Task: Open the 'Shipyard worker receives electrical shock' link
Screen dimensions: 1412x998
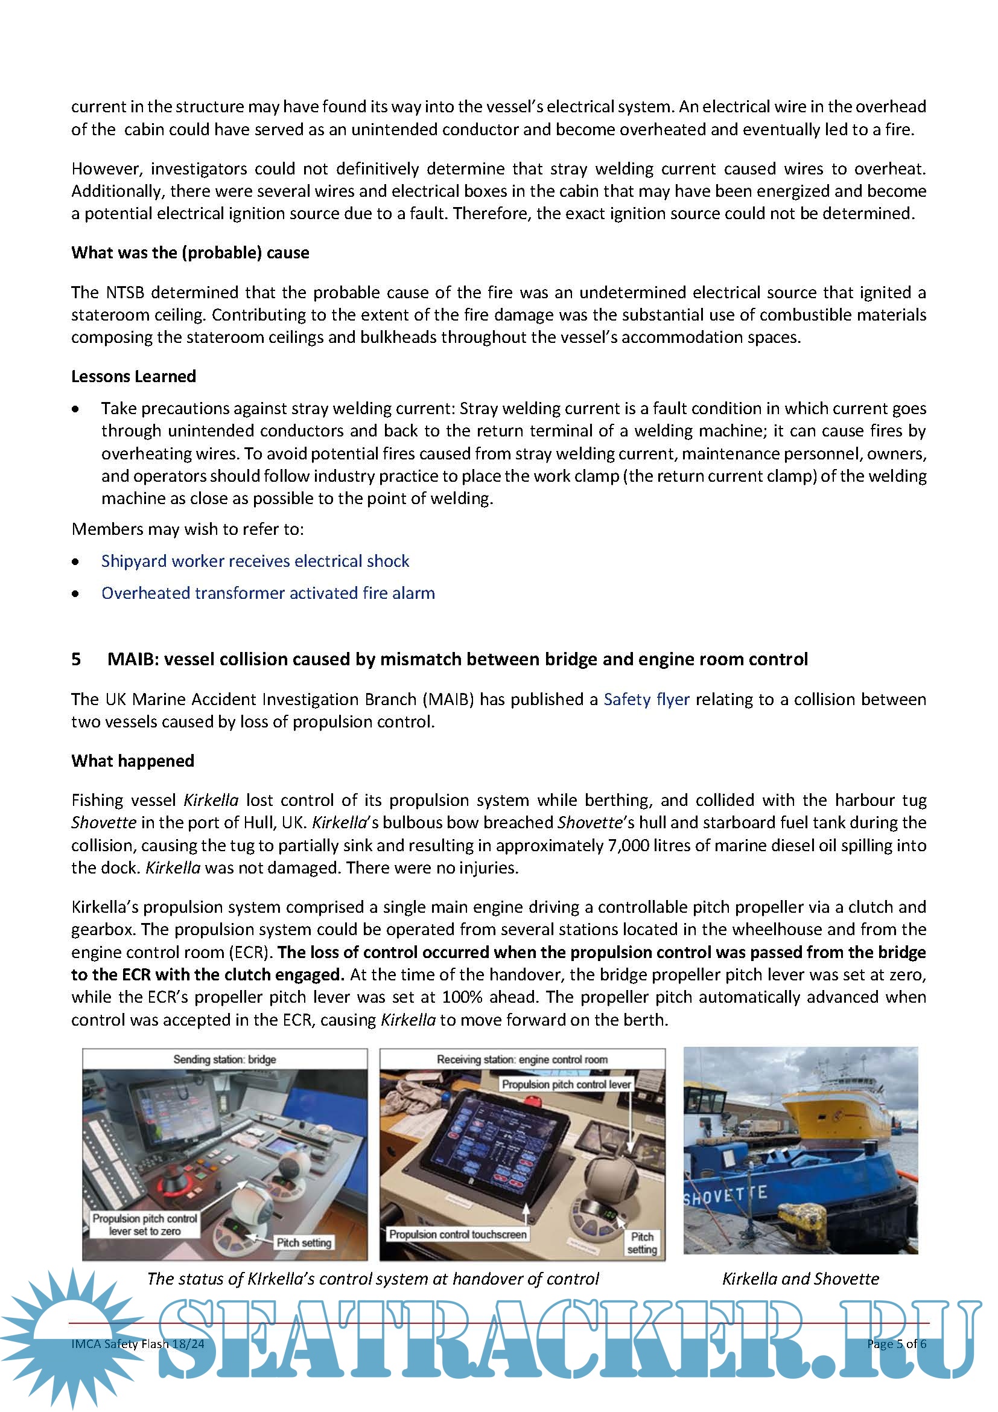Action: (x=255, y=561)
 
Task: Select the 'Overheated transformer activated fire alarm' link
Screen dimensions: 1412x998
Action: (x=268, y=593)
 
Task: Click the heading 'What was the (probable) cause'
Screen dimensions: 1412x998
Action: (x=190, y=253)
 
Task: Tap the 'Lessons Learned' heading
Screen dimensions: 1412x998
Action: (x=133, y=376)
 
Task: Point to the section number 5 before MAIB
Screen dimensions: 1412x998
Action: (x=76, y=659)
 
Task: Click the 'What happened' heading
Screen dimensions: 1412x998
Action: (x=133, y=761)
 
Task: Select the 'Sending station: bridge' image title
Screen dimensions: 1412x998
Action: (x=224, y=1059)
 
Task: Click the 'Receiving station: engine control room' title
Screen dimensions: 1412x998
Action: (x=522, y=1059)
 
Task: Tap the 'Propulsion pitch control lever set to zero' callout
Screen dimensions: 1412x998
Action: (x=145, y=1224)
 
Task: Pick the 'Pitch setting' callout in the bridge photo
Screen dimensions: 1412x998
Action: (x=304, y=1242)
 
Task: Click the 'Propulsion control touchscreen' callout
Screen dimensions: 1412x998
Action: (x=457, y=1235)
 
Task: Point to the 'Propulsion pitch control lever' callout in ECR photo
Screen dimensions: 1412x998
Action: (x=566, y=1084)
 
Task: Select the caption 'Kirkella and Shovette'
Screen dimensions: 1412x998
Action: (x=800, y=1279)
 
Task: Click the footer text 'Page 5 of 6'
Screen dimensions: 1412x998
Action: (x=896, y=1344)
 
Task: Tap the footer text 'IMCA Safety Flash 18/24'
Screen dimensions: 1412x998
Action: (x=138, y=1344)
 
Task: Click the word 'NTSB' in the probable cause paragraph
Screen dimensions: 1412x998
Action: (x=125, y=292)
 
